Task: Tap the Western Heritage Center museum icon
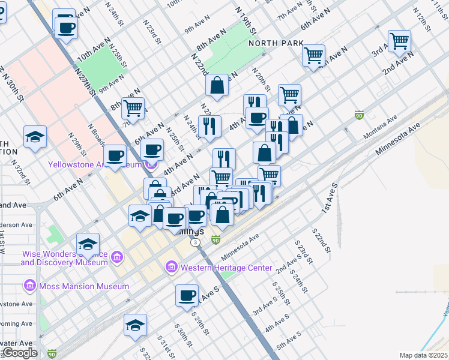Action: coord(171,267)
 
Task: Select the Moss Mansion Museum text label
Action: coord(84,286)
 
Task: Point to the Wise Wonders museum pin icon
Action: coord(117,258)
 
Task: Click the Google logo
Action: coord(19,353)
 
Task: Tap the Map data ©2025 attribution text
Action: coord(423,355)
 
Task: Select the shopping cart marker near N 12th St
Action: coord(399,41)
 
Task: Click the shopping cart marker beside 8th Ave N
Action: coord(133,108)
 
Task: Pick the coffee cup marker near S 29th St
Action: coord(187,295)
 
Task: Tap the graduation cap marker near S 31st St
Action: coord(136,325)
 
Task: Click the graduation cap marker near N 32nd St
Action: coord(35,137)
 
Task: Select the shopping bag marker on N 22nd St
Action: coord(217,85)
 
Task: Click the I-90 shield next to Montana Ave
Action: coord(359,115)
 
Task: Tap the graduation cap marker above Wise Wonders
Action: coord(88,244)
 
